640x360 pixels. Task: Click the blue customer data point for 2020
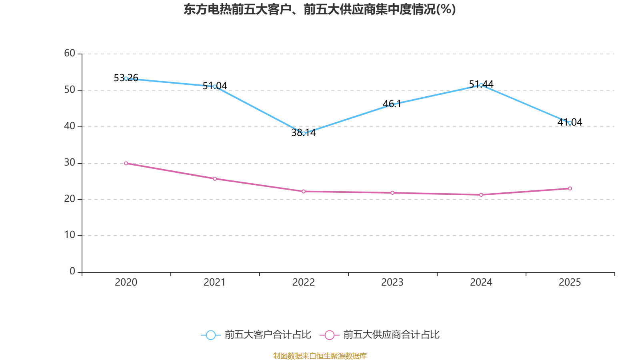(126, 78)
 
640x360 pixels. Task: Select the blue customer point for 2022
(304, 133)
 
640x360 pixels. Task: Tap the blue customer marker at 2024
(481, 85)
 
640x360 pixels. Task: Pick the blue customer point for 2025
(570, 123)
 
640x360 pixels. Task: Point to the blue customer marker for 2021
(215, 86)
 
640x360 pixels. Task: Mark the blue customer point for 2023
(392, 105)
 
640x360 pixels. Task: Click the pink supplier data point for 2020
(126, 163)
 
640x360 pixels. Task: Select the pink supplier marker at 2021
(215, 179)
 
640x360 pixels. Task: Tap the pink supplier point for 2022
(304, 192)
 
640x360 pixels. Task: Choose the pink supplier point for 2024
(481, 195)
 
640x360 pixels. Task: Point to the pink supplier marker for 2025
(570, 188)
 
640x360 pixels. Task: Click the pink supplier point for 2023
(392, 193)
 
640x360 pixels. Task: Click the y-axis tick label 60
(70, 54)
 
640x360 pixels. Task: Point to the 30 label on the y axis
(70, 163)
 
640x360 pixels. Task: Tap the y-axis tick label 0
(72, 272)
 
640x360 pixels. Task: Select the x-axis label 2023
(392, 282)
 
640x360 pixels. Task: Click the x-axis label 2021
(215, 282)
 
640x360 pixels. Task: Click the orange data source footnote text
(320, 356)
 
